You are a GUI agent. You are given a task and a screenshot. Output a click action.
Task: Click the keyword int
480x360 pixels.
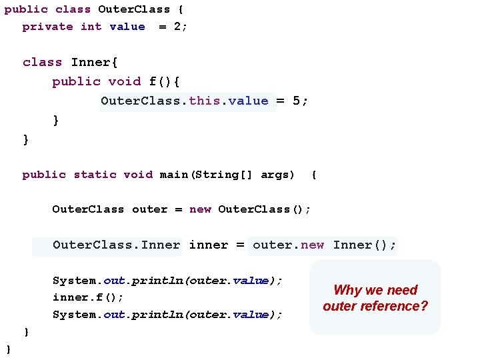tap(91, 27)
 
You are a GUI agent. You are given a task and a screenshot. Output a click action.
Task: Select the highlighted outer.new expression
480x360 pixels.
tap(288, 245)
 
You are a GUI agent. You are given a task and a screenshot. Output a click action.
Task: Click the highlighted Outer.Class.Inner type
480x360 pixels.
tap(116, 245)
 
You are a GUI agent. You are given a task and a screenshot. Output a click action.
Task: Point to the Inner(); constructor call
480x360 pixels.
tap(364, 245)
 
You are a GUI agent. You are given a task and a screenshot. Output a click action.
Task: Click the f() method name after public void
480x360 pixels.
tap(157, 82)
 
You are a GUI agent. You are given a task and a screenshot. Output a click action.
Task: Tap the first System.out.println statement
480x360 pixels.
tap(167, 281)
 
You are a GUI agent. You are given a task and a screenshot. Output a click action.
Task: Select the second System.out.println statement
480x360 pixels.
tap(167, 315)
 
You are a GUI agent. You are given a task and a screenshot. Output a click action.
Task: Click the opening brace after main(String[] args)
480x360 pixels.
tap(314, 175)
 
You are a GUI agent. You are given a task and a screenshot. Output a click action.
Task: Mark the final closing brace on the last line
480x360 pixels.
tap(9, 349)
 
